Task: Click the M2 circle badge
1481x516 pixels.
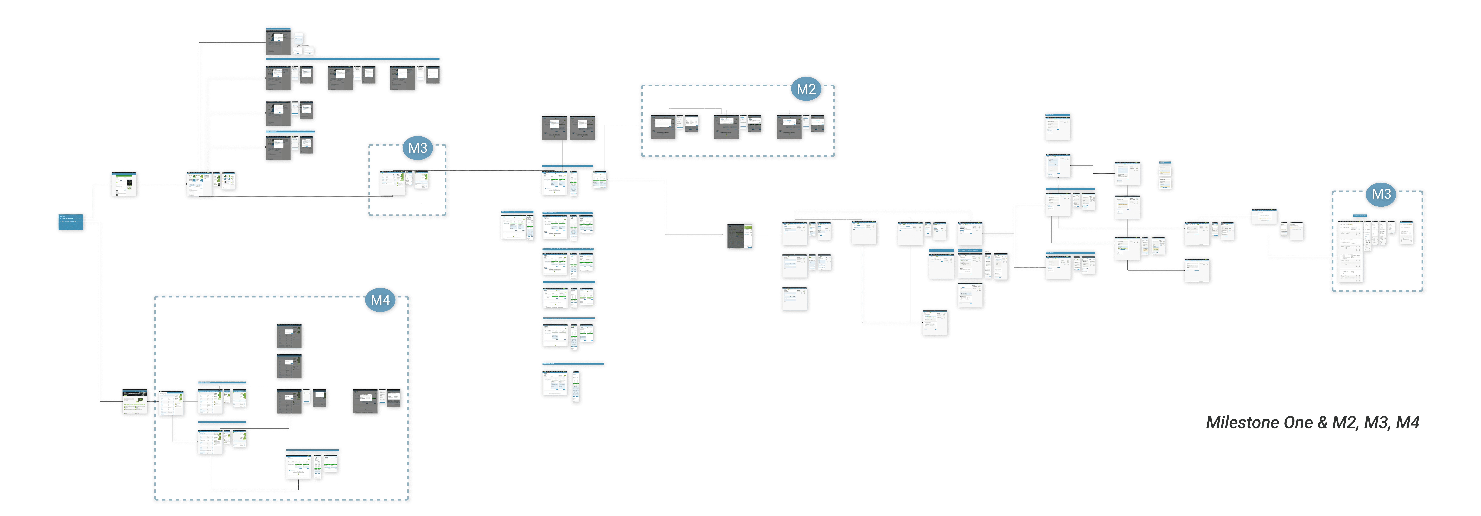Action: click(806, 89)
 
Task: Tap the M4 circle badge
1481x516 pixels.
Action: click(380, 300)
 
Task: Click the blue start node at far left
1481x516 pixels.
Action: click(71, 222)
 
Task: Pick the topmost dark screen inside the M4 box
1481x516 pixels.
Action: click(289, 336)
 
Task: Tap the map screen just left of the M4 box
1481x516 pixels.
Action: click(135, 402)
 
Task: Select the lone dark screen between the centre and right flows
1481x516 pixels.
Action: click(739, 236)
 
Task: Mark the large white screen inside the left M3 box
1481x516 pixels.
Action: click(393, 183)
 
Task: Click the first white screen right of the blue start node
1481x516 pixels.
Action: click(124, 184)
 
